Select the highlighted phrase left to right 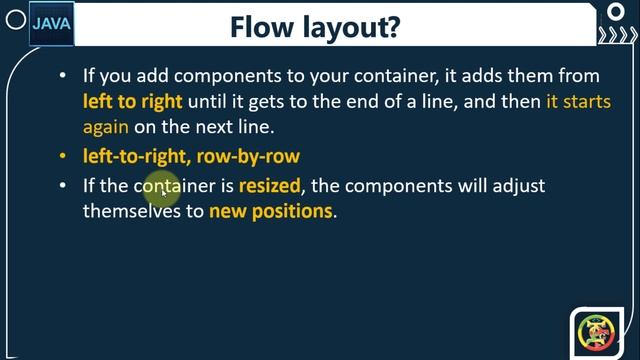tap(133, 102)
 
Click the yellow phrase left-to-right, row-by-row tap(191, 156)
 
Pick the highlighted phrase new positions tap(270, 211)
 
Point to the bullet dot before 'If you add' tap(63, 76)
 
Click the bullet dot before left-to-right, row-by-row tap(63, 157)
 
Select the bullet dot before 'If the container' tap(63, 186)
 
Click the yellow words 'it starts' tap(578, 102)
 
